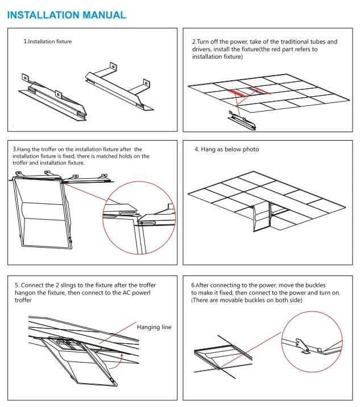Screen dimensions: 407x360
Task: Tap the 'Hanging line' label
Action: click(x=154, y=327)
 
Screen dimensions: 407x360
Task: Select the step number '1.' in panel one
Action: click(x=26, y=42)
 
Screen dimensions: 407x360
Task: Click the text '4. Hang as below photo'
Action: click(x=226, y=149)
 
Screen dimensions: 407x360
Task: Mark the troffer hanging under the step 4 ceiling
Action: click(x=262, y=217)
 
